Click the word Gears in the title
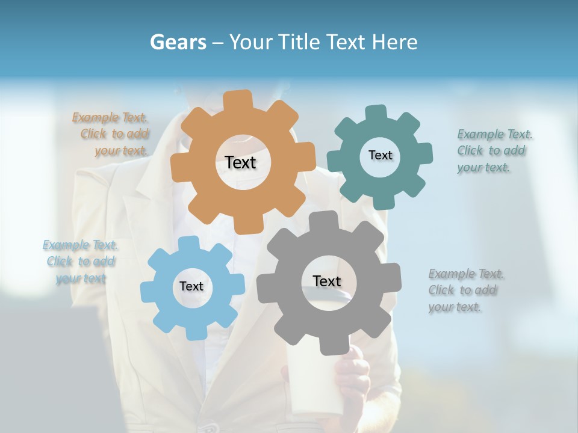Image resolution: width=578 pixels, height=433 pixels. [x=178, y=42]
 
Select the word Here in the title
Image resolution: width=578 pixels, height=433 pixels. [x=394, y=42]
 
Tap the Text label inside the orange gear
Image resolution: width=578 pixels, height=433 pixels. [x=240, y=162]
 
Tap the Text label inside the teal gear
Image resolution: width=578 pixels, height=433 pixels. [x=380, y=155]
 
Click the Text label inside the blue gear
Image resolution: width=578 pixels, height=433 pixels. [x=191, y=286]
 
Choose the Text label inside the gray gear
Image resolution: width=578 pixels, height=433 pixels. [x=326, y=281]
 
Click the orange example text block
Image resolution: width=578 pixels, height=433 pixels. [x=112, y=134]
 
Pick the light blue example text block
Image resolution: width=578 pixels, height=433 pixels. [x=81, y=262]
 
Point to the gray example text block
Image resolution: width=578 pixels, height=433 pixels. [x=465, y=290]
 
